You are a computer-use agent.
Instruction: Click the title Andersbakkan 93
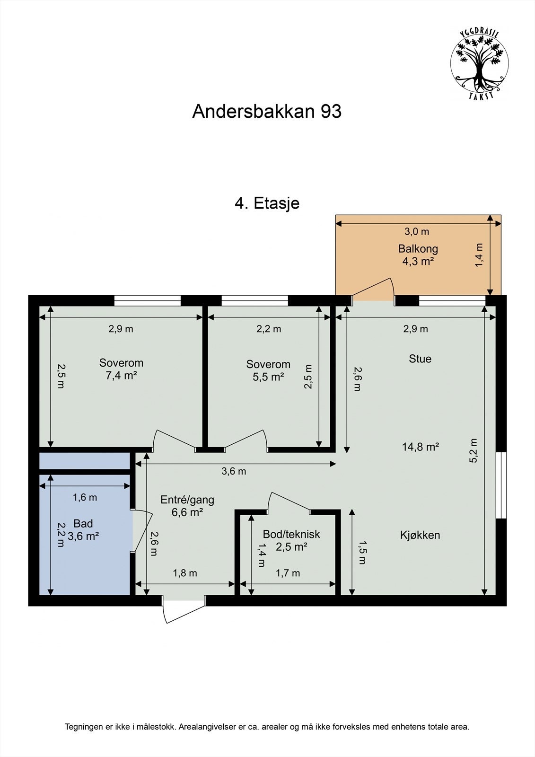267,112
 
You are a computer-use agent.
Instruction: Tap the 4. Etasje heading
267,203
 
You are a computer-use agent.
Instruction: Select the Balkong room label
418,248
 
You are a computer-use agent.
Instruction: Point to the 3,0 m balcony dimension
416,231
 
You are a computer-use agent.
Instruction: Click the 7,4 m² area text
121,376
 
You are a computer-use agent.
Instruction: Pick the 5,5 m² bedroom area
268,377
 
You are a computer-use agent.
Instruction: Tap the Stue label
420,359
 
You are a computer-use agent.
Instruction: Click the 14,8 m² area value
421,446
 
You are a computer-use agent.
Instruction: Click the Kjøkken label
420,535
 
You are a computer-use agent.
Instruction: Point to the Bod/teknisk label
291,534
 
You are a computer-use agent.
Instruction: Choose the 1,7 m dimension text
288,573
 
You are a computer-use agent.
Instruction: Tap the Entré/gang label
187,500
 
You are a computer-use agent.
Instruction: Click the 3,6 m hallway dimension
234,471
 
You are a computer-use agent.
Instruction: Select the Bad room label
83,524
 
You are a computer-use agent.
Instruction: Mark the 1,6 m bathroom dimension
85,497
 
